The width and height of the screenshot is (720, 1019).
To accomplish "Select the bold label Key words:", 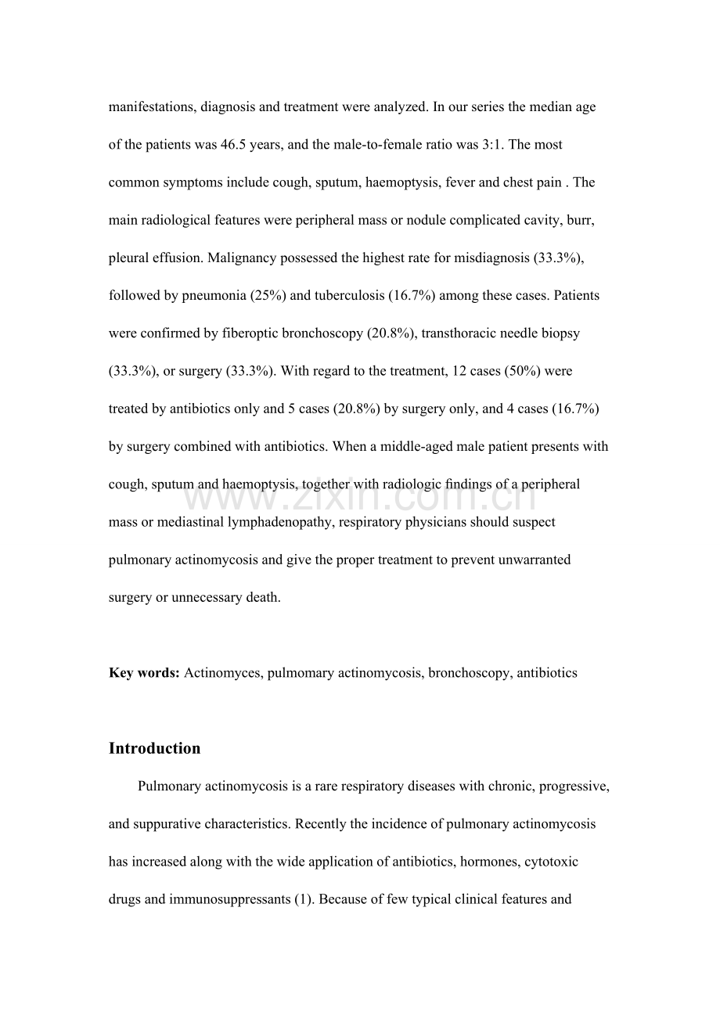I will pyautogui.click(x=144, y=673).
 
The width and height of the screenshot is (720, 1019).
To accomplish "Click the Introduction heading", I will pyautogui.click(x=154, y=748).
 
